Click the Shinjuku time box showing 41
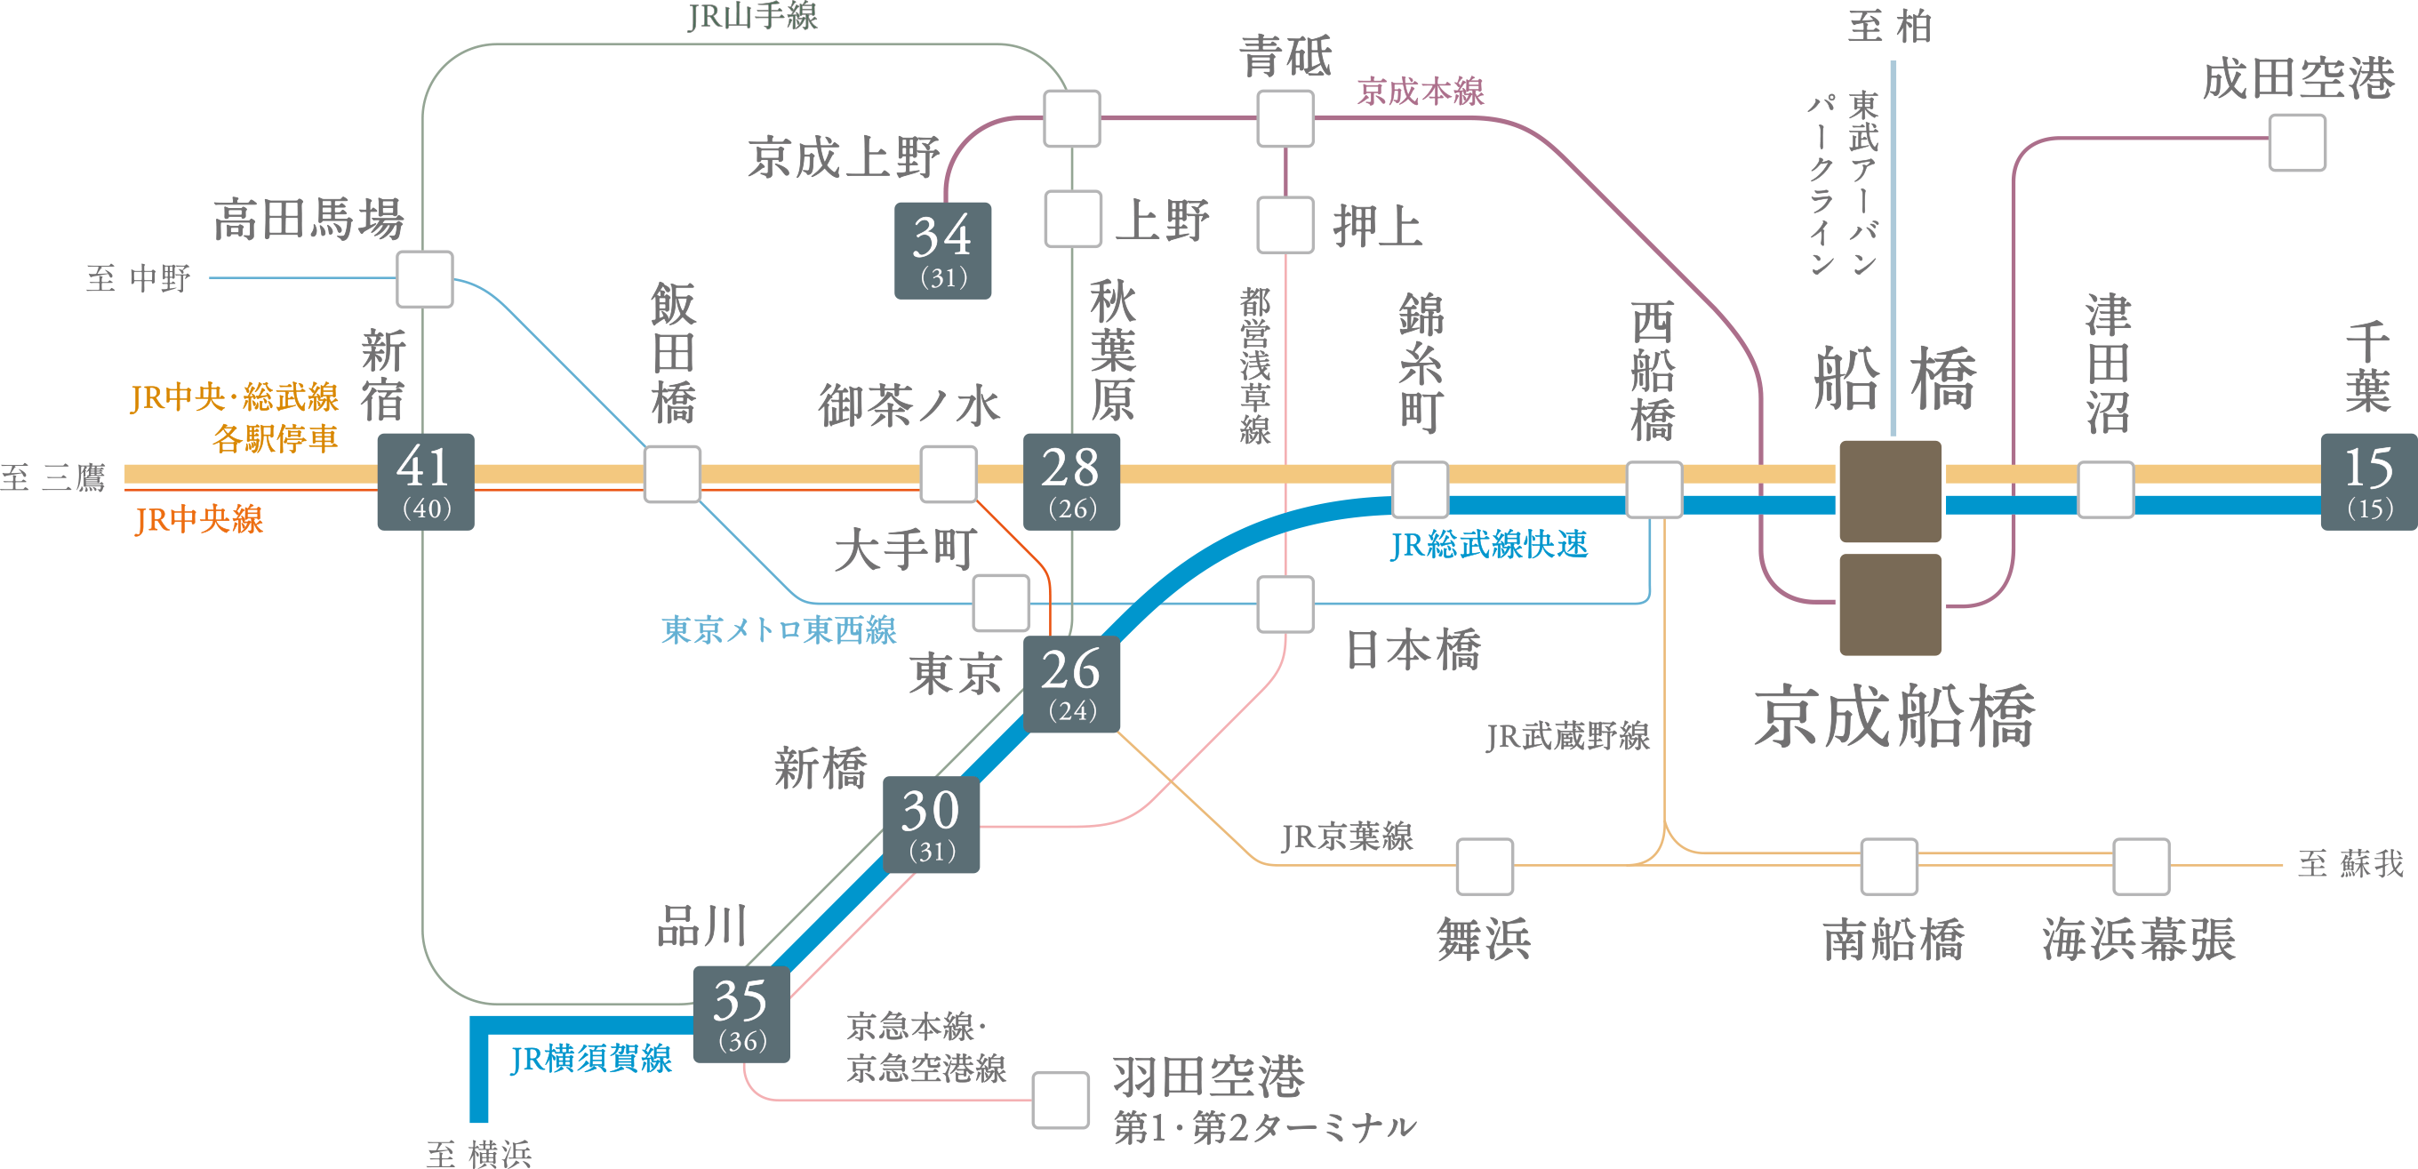point(425,482)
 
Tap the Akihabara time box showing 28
point(1071,482)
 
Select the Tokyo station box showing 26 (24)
point(1071,684)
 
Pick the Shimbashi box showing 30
point(931,824)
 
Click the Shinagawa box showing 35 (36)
point(741,1014)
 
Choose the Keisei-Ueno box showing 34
point(942,251)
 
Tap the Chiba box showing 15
point(2368,482)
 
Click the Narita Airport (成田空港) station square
point(2297,143)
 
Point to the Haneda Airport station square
point(1061,1100)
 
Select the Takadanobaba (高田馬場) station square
point(425,279)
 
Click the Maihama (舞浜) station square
point(1485,867)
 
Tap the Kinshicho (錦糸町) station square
point(1420,489)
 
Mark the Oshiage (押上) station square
point(1285,224)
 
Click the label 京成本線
point(1421,92)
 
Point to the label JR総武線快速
point(1489,545)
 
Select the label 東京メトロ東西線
point(778,630)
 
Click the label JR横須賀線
point(591,1059)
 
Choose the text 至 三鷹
point(53,478)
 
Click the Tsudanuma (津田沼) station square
point(2105,489)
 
